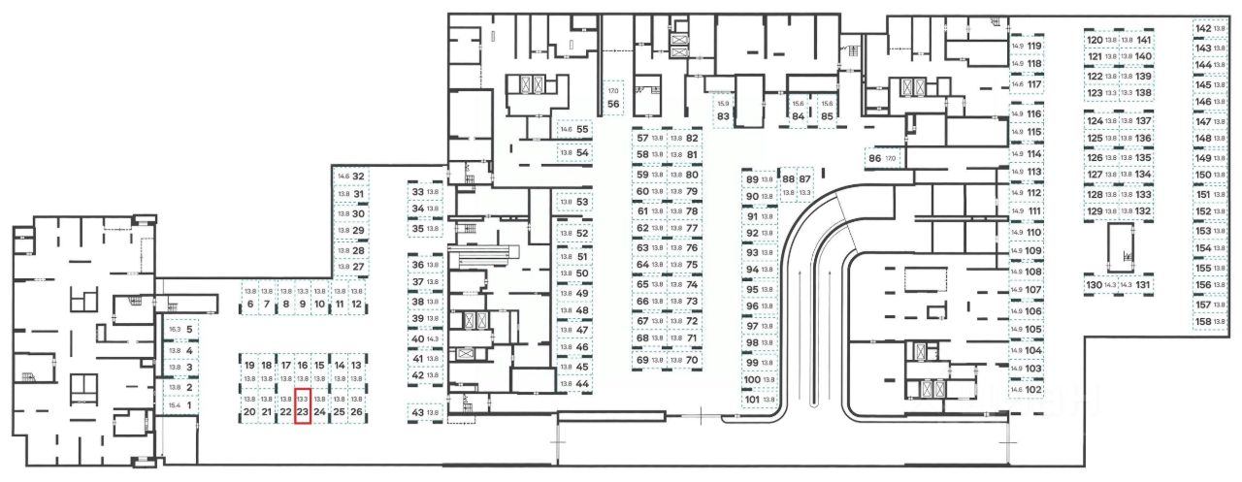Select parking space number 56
(613, 96)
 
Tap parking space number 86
(881, 157)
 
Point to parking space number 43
(425, 413)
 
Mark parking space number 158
(1211, 321)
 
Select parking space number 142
(1211, 29)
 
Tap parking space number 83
(723, 110)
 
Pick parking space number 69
(649, 361)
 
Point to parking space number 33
(425, 192)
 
